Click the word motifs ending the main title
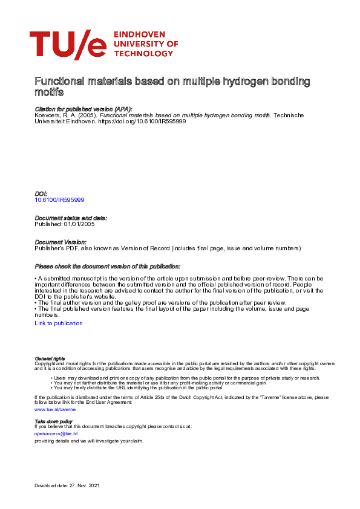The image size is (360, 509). pos(49,93)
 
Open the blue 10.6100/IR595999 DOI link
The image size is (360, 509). pos(59,199)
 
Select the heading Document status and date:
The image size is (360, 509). pos(71,218)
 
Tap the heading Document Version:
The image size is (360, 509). pos(61,242)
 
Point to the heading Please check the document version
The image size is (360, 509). pos(108,266)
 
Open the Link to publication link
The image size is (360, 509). pos(59,323)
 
